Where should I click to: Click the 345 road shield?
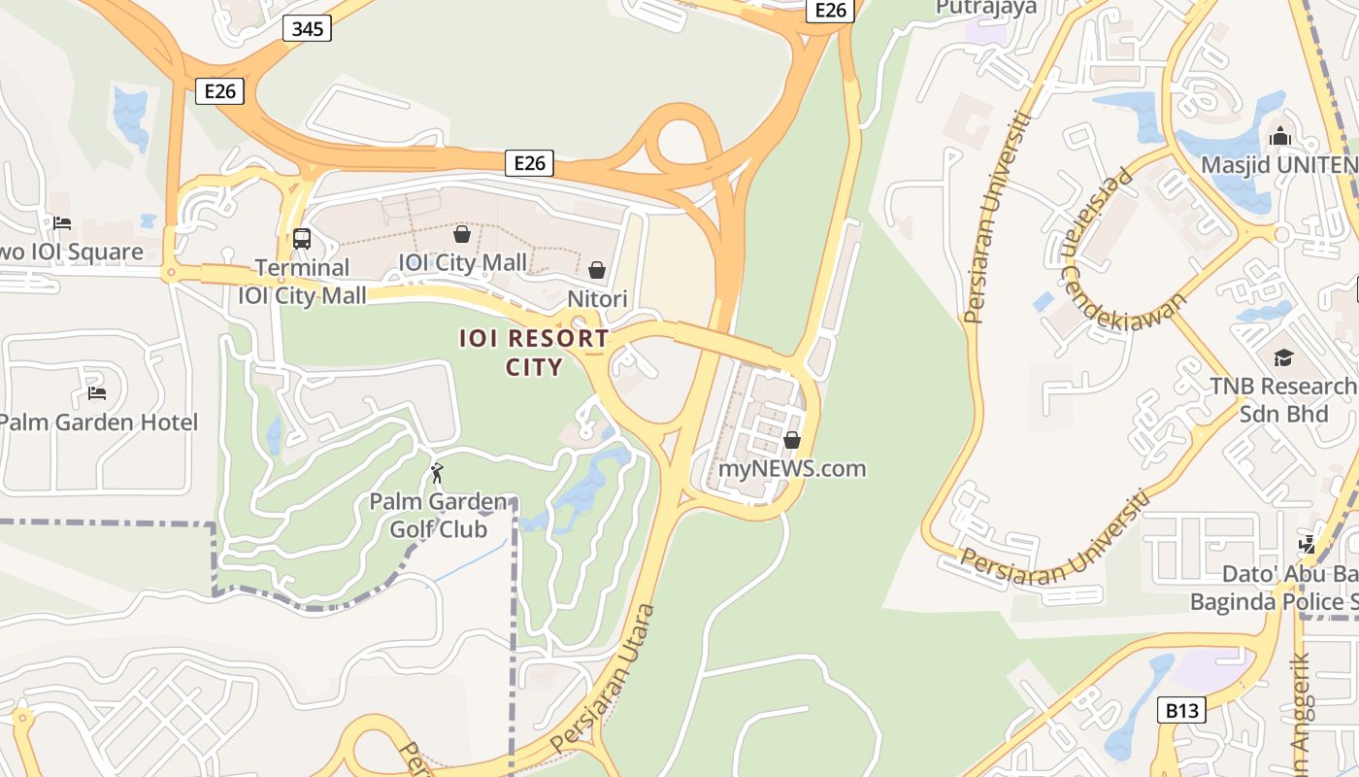(308, 29)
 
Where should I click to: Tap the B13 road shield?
(1181, 711)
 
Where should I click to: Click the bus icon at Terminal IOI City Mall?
(301, 238)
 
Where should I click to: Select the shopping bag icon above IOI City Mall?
(462, 234)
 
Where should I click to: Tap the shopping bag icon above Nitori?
(597, 269)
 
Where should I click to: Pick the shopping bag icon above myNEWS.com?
(792, 440)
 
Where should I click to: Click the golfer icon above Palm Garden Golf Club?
(438, 473)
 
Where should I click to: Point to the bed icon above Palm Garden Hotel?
(97, 393)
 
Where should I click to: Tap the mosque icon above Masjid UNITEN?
(1279, 136)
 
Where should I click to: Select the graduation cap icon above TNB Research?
(1283, 357)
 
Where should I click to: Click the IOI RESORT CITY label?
(535, 353)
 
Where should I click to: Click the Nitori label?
(597, 299)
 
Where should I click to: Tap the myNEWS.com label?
(792, 469)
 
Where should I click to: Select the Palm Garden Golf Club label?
(439, 516)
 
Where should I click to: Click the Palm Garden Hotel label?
(98, 422)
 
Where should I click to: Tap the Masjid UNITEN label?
(1278, 165)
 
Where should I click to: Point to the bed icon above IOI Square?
(62, 222)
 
